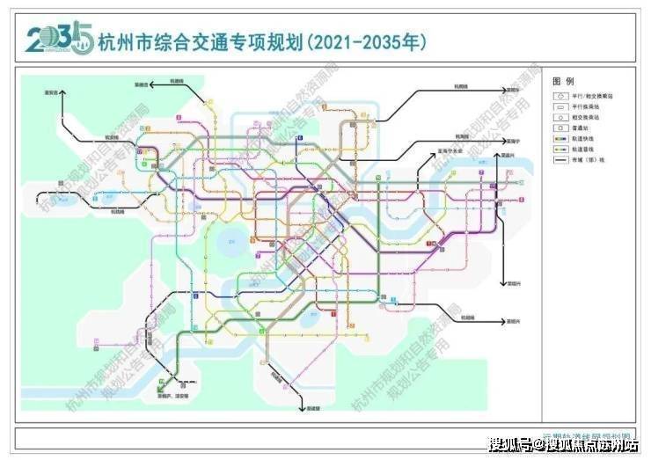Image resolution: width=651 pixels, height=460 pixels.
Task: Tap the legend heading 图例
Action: [x=563, y=80]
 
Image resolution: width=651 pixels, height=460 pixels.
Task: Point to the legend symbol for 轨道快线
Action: [x=559, y=138]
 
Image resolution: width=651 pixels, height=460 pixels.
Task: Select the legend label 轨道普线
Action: [x=585, y=150]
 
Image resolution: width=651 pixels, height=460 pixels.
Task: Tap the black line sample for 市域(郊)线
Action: [x=559, y=160]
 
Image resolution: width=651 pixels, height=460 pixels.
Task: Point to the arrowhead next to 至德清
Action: [x=150, y=84]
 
